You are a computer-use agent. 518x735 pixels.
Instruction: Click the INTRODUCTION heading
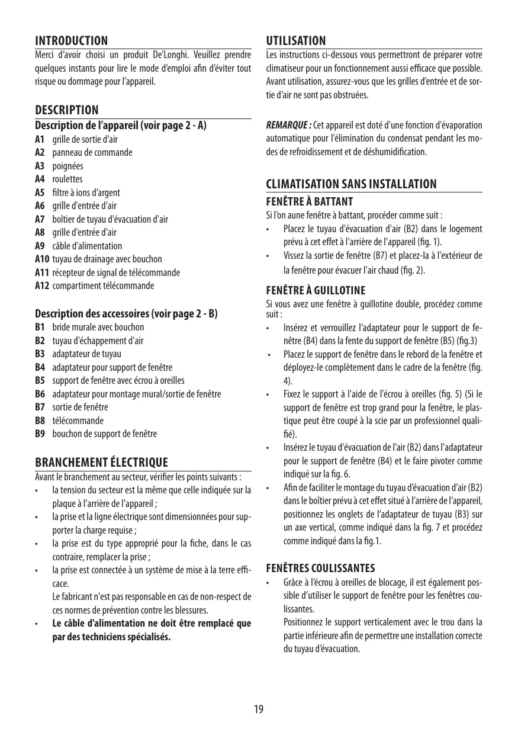click(72, 41)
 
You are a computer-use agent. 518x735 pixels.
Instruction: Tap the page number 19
click(259, 709)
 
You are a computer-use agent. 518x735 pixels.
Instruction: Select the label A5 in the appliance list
click(40, 192)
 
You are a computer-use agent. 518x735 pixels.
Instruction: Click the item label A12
click(42, 285)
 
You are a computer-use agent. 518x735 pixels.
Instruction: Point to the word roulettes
click(67, 179)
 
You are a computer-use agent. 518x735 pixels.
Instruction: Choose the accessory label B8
click(40, 421)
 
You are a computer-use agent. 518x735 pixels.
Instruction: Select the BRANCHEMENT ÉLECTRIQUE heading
click(102, 462)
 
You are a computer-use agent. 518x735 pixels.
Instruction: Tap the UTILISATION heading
click(296, 41)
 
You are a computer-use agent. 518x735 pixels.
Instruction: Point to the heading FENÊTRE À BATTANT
click(310, 202)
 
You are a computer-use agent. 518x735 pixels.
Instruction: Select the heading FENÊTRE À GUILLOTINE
click(316, 290)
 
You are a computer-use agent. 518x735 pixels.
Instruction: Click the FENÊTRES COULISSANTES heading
click(321, 568)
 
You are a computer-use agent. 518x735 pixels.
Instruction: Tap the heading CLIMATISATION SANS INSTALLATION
click(352, 184)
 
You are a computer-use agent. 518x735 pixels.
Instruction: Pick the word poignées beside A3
click(67, 166)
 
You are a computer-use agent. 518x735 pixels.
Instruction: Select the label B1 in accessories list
click(40, 327)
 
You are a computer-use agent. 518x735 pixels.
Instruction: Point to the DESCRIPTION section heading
click(67, 110)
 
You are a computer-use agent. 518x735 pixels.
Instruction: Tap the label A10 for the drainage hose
click(42, 259)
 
